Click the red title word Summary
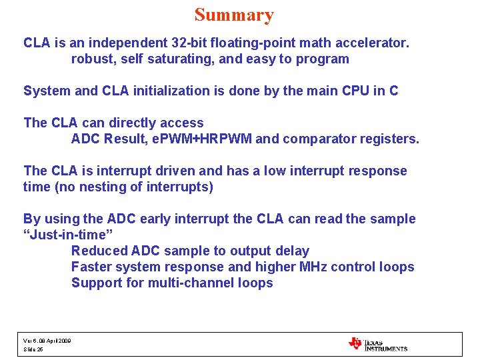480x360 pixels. [x=234, y=15]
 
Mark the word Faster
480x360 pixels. [x=91, y=267]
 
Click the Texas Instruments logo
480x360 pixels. [x=377, y=344]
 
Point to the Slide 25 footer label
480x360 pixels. [x=33, y=349]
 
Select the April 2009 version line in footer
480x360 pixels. [x=47, y=340]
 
